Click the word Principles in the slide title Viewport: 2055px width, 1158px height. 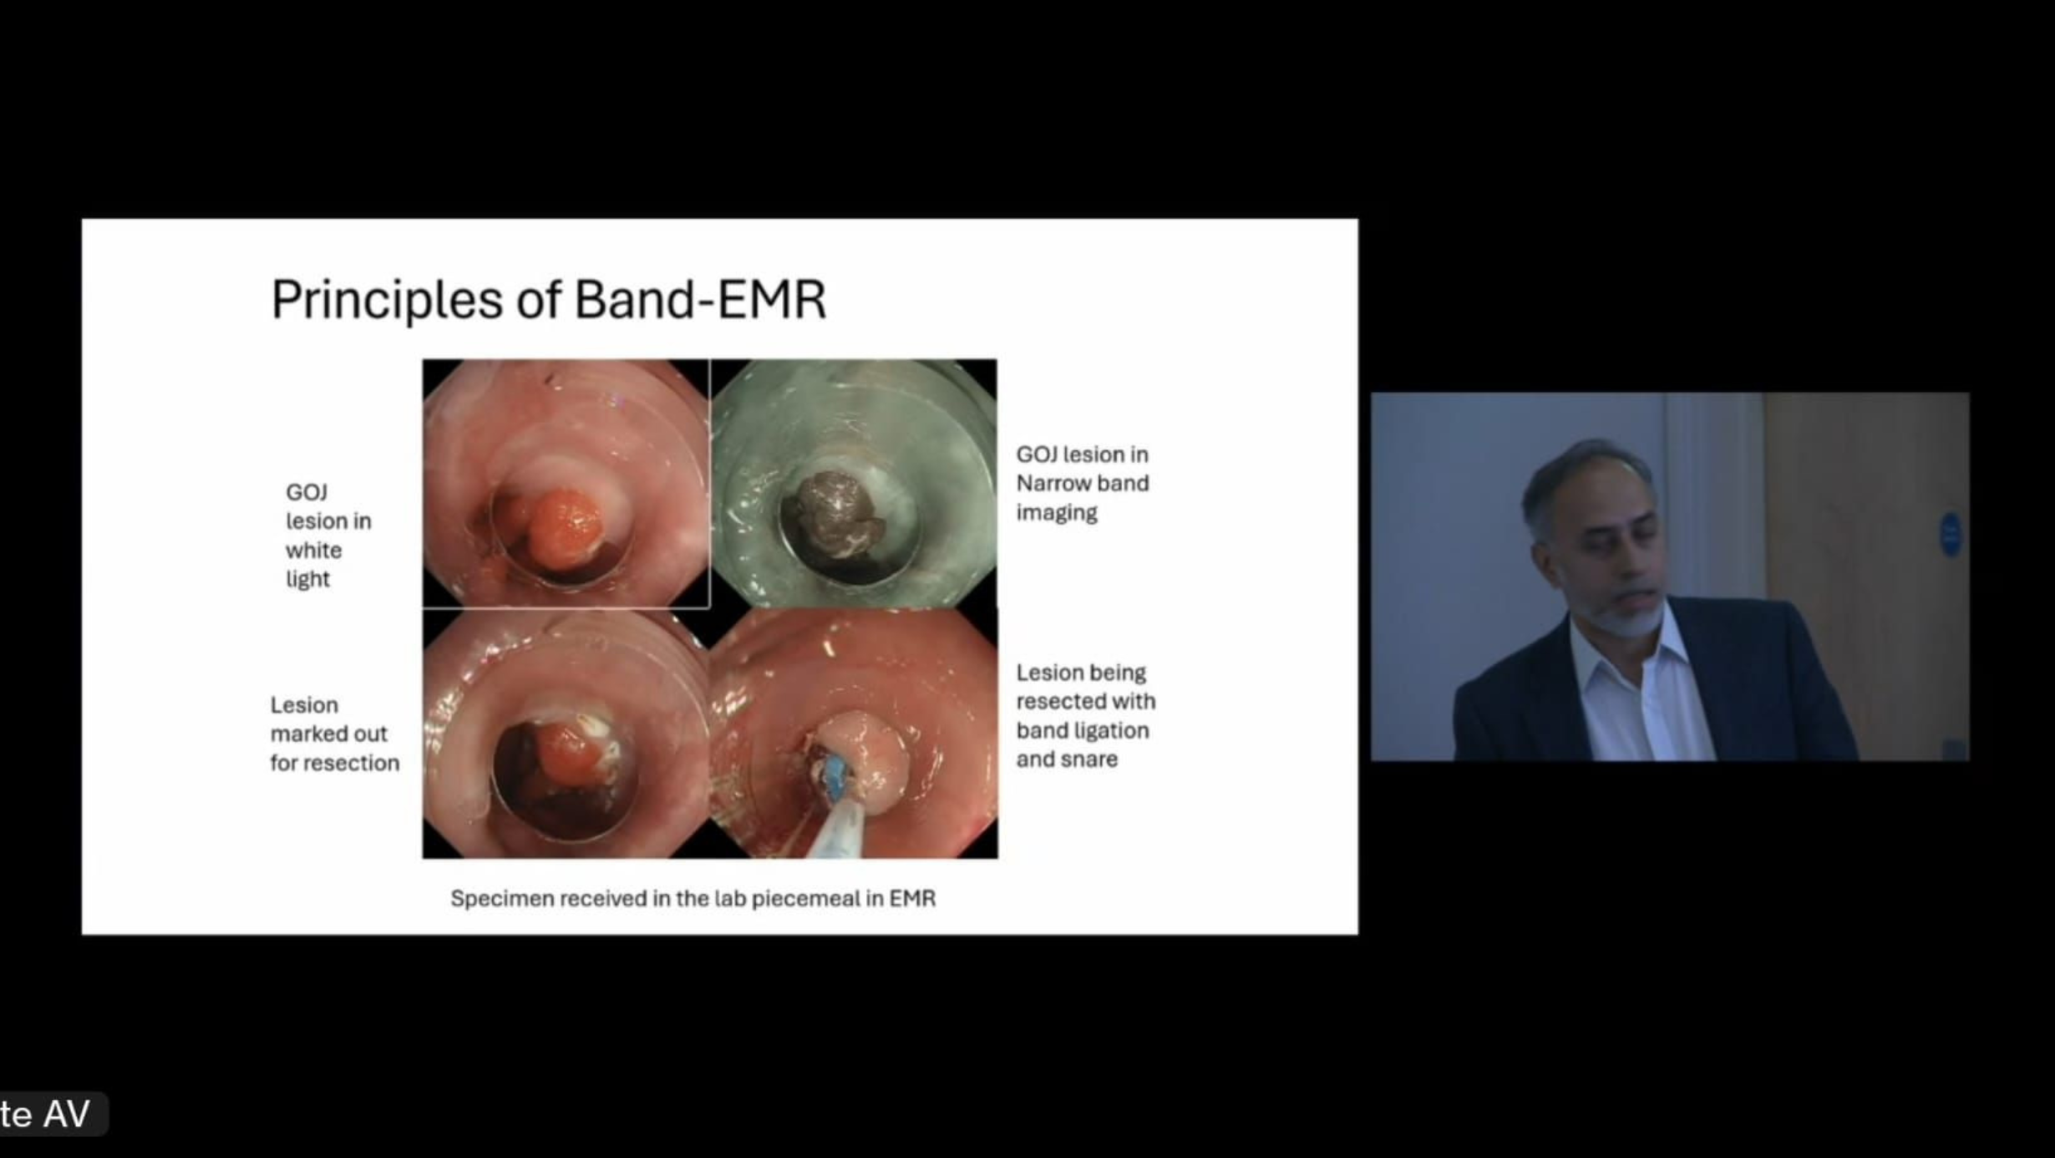tap(387, 300)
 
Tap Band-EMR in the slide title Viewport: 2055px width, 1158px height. tap(700, 298)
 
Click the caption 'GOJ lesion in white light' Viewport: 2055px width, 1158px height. tap(328, 536)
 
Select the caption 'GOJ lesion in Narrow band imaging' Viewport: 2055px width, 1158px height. tap(1083, 483)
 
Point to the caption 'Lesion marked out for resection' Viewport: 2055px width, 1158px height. tap(334, 734)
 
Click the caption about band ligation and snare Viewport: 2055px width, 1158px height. tap(1085, 715)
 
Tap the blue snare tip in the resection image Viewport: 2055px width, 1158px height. tap(835, 778)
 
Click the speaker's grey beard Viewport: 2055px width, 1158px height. tap(1625, 617)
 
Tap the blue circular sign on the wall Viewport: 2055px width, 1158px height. tap(1950, 535)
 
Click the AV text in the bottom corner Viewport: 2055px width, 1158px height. tap(67, 1114)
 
